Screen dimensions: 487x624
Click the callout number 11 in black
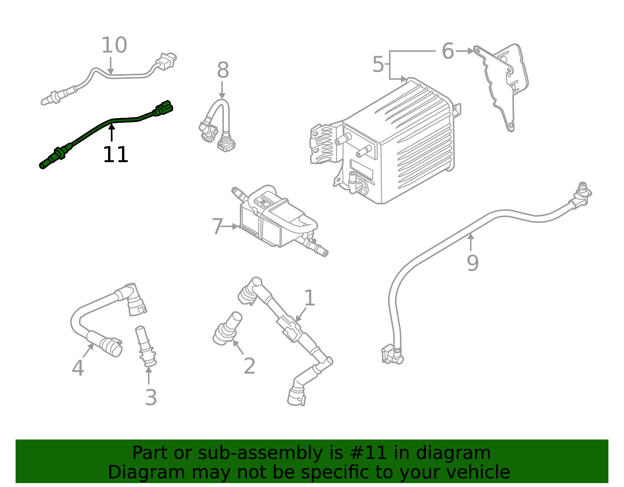(x=115, y=155)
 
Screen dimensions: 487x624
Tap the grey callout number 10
(x=114, y=46)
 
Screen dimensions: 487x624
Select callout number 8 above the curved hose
(x=223, y=71)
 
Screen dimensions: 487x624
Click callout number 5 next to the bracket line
(x=378, y=64)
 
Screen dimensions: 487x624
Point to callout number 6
(x=448, y=51)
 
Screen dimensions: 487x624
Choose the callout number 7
(x=217, y=227)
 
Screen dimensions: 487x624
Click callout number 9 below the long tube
(x=473, y=263)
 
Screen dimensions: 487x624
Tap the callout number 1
(x=309, y=298)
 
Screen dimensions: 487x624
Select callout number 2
(x=250, y=366)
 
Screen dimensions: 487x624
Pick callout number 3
(x=151, y=398)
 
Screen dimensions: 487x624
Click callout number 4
(x=78, y=368)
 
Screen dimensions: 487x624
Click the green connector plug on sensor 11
(x=164, y=107)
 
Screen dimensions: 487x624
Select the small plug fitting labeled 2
(x=227, y=329)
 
